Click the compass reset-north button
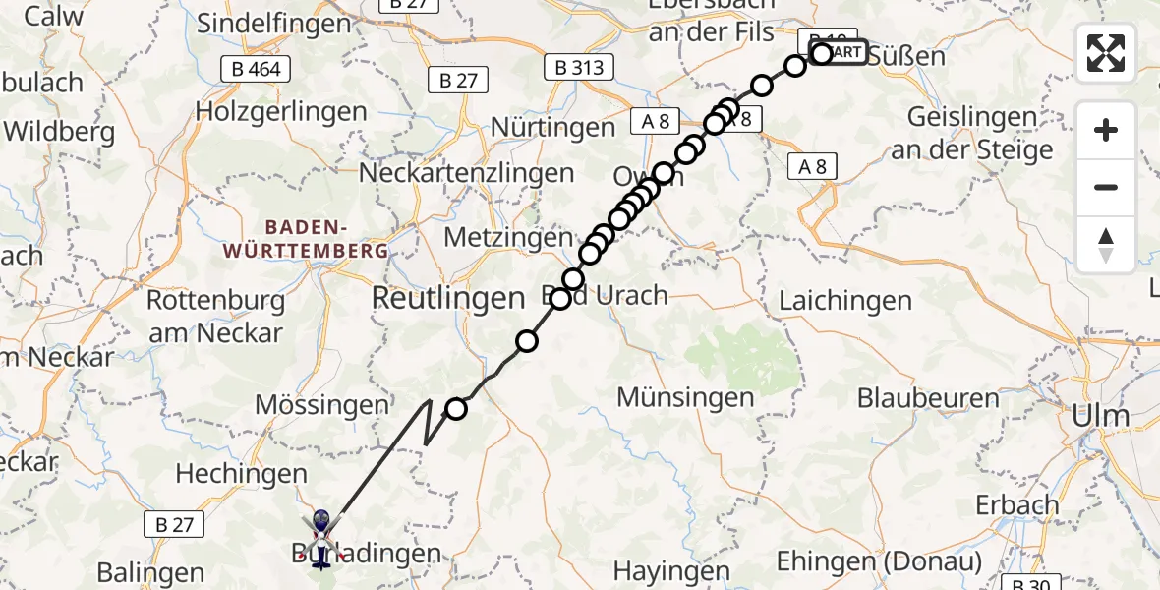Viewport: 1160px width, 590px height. point(1106,245)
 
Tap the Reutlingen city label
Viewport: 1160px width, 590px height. point(448,298)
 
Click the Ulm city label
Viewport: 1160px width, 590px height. point(1103,415)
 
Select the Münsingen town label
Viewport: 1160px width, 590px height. point(686,397)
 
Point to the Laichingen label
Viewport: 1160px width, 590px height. point(845,301)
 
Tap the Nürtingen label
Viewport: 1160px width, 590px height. point(552,127)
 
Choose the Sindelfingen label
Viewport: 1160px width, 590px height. point(274,24)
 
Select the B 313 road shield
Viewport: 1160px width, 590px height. point(579,68)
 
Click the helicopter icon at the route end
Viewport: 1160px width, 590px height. point(320,536)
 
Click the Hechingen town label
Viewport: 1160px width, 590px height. point(237,473)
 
